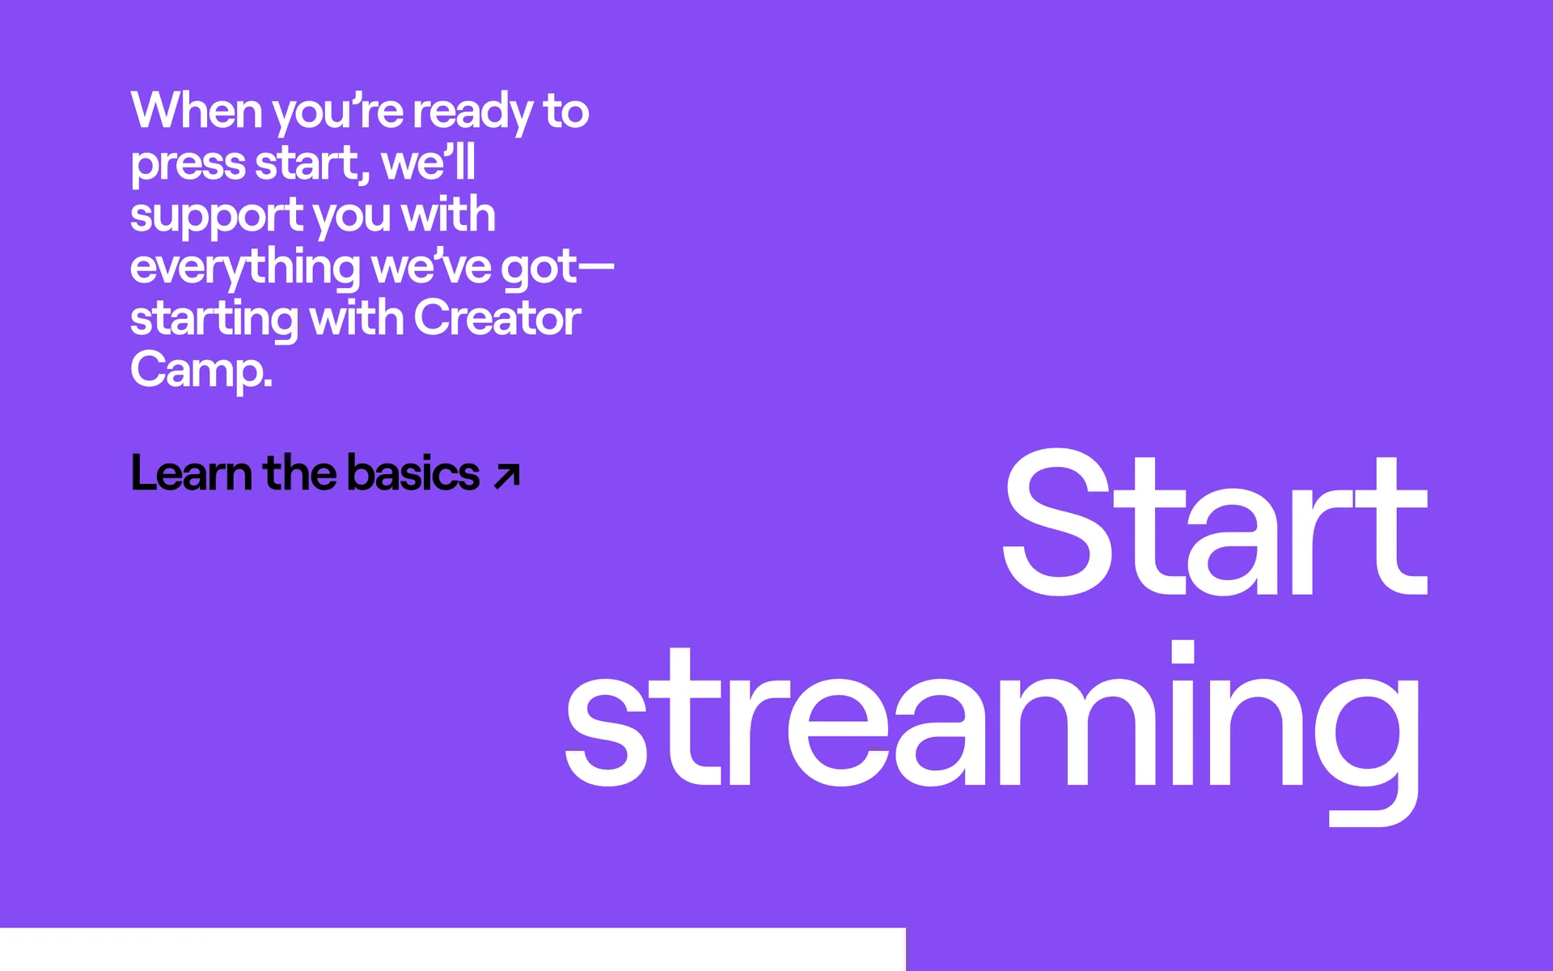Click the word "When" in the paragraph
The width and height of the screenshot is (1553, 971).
[x=197, y=110]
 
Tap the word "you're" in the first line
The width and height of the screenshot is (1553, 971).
[x=338, y=112]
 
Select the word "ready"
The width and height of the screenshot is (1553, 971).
[x=472, y=112]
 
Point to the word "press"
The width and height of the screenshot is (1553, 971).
[x=188, y=165]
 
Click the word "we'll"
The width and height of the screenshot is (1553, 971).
[x=429, y=162]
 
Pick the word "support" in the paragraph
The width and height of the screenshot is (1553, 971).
[x=217, y=217]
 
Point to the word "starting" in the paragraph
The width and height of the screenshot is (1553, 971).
[x=214, y=320]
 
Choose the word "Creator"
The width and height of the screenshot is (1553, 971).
[x=497, y=317]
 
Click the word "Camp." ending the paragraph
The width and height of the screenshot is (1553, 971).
[x=201, y=371]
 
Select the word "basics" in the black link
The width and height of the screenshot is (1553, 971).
[x=413, y=473]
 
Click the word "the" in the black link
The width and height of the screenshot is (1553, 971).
[x=300, y=473]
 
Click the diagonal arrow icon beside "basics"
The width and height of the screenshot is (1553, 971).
[x=507, y=477]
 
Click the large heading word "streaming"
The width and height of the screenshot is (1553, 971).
[x=992, y=732]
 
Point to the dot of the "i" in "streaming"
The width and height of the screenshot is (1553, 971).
[x=1183, y=651]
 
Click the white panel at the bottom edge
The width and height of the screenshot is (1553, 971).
[x=453, y=949]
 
